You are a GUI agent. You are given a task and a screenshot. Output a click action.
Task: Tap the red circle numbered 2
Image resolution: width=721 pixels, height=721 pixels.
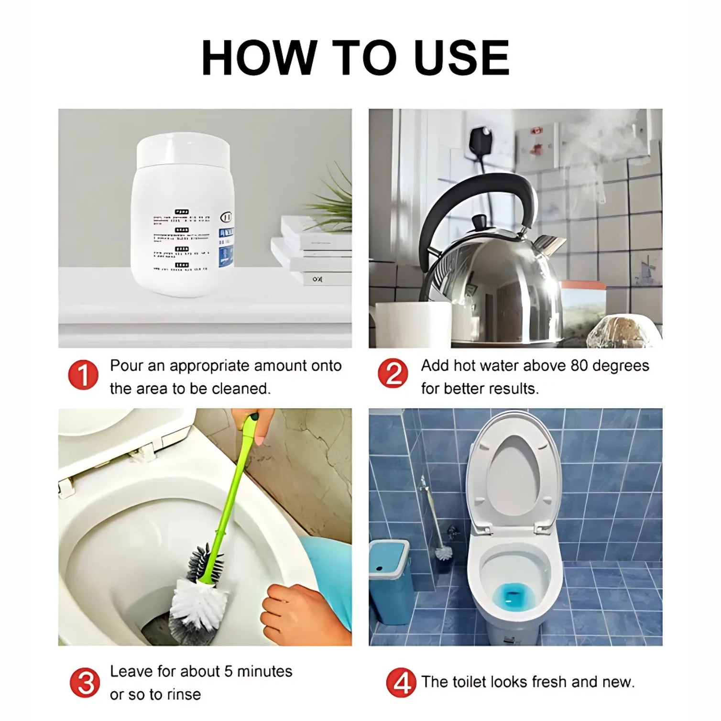393,373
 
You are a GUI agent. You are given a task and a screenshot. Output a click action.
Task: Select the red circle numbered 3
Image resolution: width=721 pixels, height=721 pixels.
85,682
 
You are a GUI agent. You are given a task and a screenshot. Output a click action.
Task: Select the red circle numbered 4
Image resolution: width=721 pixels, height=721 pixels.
401,682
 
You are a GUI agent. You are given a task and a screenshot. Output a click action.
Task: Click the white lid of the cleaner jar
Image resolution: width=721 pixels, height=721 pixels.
183,149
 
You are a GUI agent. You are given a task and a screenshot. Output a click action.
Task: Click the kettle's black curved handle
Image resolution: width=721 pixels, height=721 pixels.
471,191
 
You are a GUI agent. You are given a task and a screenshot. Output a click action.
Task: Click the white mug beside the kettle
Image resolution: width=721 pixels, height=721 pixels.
411,323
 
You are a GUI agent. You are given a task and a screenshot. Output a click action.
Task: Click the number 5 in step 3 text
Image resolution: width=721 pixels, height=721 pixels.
228,671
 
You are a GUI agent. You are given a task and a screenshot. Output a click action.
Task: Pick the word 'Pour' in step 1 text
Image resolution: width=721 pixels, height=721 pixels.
127,366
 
